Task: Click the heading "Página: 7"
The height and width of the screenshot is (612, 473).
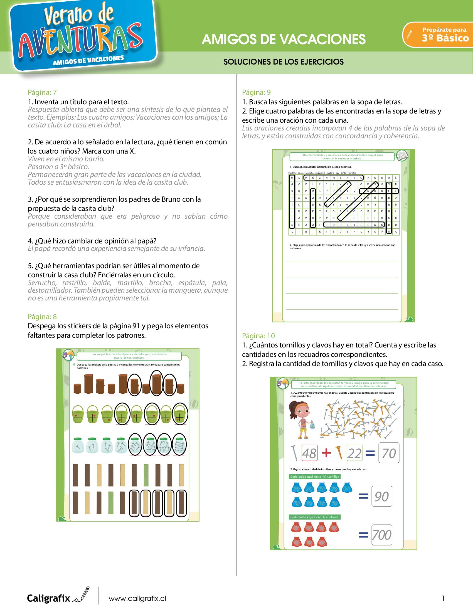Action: (42, 92)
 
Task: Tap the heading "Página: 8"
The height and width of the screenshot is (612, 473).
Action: (42, 317)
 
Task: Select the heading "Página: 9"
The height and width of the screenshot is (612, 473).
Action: (257, 92)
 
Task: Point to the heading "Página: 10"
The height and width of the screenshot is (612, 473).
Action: (258, 336)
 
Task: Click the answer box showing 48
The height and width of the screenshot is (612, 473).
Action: (309, 453)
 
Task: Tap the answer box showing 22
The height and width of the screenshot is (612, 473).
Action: (354, 453)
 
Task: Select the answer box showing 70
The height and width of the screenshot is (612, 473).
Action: (389, 453)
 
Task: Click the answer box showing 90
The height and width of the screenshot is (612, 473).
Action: (382, 496)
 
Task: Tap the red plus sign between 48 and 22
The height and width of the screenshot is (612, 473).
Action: (326, 453)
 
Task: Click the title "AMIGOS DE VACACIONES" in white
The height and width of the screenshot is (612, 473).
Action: (284, 40)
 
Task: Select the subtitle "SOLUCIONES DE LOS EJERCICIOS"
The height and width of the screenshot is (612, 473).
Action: (284, 62)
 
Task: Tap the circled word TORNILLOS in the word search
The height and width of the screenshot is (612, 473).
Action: (354, 224)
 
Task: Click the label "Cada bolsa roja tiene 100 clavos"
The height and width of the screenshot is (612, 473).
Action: (314, 517)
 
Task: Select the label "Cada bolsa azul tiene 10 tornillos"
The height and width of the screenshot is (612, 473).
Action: (314, 477)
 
